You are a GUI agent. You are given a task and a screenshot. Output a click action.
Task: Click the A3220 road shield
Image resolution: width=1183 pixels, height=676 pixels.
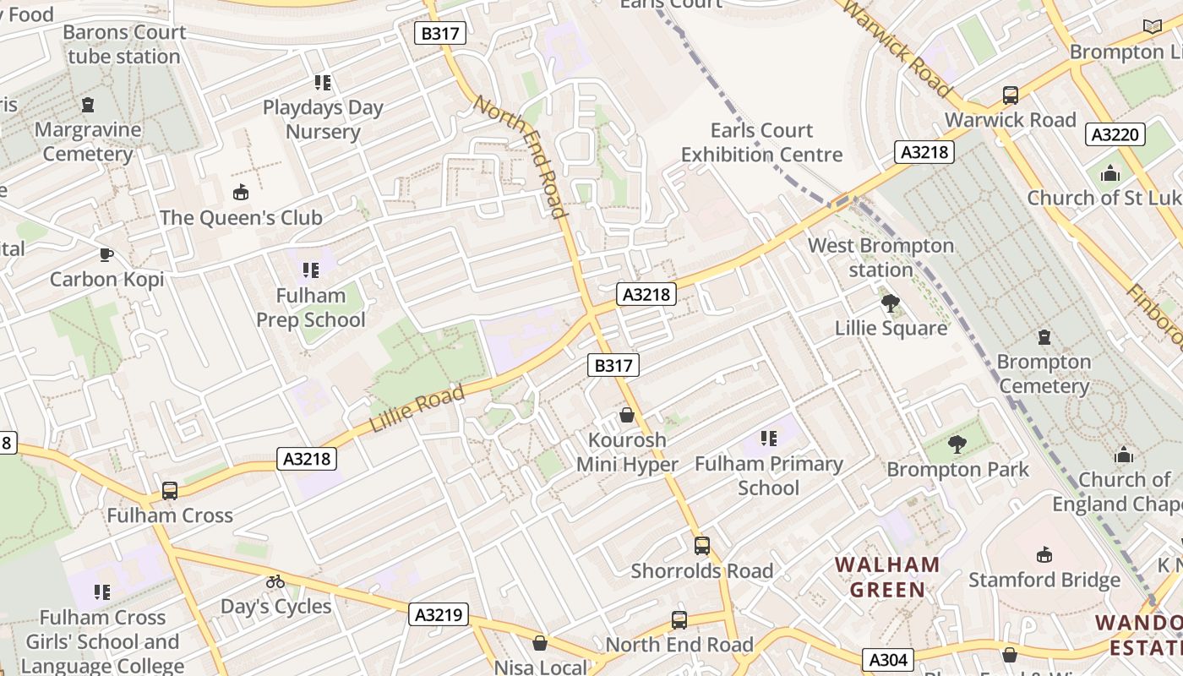(x=1115, y=134)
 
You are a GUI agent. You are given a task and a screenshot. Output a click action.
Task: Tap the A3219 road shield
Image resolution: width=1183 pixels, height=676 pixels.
(x=439, y=614)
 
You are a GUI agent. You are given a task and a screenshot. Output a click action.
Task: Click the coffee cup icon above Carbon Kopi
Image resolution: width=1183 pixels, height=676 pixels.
(x=106, y=254)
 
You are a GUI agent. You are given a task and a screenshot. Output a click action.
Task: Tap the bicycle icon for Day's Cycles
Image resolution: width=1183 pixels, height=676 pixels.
(x=275, y=581)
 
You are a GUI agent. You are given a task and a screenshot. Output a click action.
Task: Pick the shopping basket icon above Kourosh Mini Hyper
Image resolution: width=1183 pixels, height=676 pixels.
(x=627, y=415)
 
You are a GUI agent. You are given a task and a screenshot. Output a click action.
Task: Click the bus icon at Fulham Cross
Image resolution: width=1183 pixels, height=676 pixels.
(x=170, y=491)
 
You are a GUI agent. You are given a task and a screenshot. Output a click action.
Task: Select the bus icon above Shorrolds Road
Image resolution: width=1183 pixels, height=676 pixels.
(x=702, y=546)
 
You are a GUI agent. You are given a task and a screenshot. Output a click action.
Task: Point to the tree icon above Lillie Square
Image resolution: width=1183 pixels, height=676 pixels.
(x=890, y=303)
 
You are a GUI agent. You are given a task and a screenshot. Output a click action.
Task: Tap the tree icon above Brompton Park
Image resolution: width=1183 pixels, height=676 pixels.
(x=957, y=444)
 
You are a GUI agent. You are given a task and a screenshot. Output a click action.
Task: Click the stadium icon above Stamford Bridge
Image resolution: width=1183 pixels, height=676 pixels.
(x=1044, y=555)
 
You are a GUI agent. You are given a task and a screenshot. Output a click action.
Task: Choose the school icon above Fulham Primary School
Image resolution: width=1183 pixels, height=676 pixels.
(x=768, y=439)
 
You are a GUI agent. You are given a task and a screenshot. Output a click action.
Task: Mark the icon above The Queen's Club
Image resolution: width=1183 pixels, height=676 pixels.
(x=241, y=193)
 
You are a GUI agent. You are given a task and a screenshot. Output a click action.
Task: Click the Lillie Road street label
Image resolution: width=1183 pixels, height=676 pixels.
(x=417, y=409)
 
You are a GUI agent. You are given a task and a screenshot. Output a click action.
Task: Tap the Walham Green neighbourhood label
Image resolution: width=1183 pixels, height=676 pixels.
(x=887, y=577)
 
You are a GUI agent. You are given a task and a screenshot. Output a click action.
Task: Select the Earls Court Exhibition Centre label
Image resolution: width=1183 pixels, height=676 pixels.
(x=761, y=143)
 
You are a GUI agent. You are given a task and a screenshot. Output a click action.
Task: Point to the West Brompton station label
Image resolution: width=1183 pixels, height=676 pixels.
(x=881, y=258)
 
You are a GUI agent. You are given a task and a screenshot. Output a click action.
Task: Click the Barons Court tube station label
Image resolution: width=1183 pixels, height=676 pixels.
(x=124, y=45)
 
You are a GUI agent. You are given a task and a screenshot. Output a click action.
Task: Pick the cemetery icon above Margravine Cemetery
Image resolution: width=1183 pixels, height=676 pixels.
(x=88, y=106)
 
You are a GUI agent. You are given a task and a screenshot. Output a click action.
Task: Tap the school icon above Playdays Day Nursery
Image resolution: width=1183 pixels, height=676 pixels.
(x=323, y=83)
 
